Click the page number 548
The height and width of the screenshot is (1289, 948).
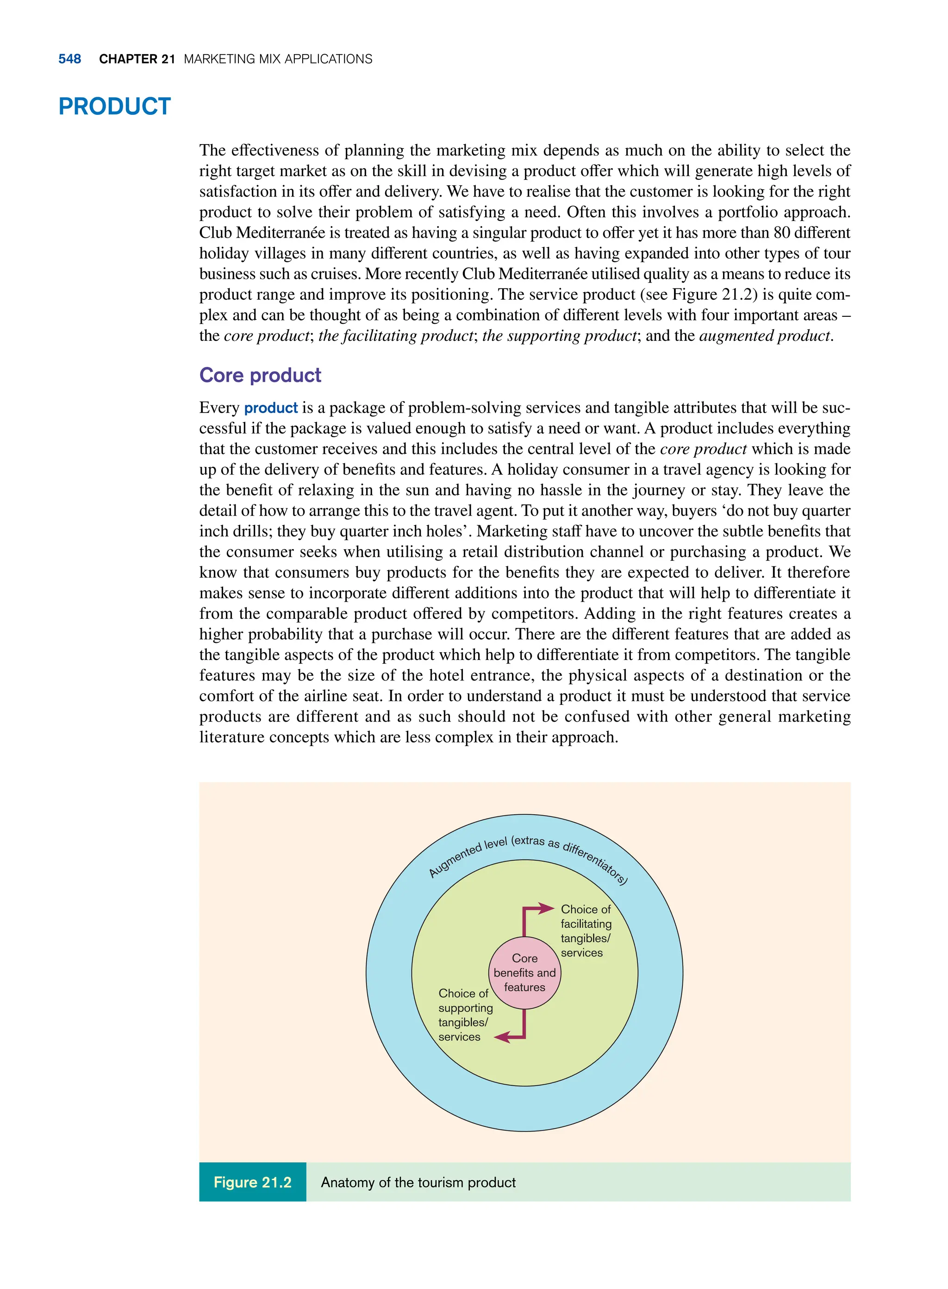click(69, 59)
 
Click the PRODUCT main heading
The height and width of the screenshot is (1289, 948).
click(114, 107)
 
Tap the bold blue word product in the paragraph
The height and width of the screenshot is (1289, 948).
click(271, 408)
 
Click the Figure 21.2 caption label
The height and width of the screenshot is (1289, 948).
click(252, 1182)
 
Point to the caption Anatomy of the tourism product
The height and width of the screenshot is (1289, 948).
click(418, 1182)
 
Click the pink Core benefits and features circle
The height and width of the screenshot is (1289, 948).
click(524, 973)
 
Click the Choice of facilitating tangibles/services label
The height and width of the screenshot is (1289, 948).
click(586, 931)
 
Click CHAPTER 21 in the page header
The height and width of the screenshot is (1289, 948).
click(137, 59)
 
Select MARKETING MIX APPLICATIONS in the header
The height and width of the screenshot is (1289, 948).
click(278, 59)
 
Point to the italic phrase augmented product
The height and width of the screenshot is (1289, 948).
click(765, 336)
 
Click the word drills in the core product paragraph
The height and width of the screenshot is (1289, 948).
click(249, 531)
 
